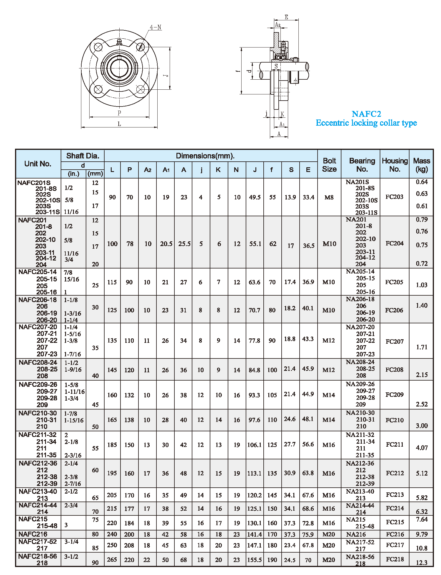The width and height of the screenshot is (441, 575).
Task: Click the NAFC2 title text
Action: (366, 114)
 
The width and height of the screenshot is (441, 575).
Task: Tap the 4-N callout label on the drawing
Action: (155, 27)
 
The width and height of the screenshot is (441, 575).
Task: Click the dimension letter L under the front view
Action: (119, 124)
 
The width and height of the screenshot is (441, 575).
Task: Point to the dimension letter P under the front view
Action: (119, 113)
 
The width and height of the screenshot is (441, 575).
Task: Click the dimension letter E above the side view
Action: (286, 17)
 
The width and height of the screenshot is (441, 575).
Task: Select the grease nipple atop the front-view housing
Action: (119, 42)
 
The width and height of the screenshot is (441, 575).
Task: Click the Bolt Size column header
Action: (329, 165)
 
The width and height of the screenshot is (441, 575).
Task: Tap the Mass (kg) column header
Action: (421, 165)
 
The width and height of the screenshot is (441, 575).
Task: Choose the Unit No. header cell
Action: (38, 164)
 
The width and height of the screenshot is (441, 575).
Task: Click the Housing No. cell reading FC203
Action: (394, 197)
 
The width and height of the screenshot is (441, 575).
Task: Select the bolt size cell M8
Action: (329, 197)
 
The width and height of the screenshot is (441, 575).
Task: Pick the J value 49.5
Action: (255, 197)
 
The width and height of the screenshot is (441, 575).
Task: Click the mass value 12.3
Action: (422, 563)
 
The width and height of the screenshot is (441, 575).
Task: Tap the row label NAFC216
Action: (33, 534)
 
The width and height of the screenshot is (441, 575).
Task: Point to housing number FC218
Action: (395, 559)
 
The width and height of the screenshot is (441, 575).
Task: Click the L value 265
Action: (112, 559)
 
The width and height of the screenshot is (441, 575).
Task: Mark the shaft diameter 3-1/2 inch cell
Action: (71, 556)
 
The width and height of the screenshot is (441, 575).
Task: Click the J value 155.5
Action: (255, 560)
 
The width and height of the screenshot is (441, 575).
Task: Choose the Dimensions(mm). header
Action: (205, 156)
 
